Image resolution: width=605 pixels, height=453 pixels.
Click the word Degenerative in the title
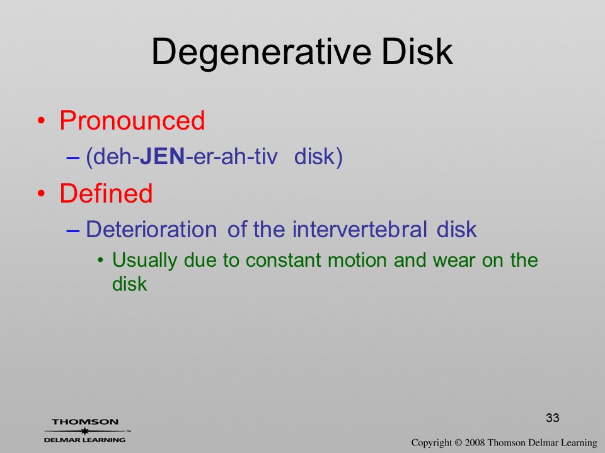(x=261, y=53)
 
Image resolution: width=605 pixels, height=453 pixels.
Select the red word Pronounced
(x=132, y=120)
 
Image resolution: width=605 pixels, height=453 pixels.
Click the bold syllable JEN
(x=162, y=157)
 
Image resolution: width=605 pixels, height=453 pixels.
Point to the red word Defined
(x=106, y=193)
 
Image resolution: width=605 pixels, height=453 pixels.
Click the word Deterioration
(x=151, y=230)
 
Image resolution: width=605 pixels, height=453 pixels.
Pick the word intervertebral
(x=360, y=230)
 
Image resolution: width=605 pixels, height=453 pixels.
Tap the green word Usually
(x=145, y=260)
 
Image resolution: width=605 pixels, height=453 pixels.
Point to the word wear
(x=454, y=260)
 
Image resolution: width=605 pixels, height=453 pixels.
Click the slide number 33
(x=553, y=418)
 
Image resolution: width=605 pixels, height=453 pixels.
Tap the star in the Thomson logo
(x=85, y=431)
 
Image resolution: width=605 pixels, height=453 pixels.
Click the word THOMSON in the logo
(x=85, y=422)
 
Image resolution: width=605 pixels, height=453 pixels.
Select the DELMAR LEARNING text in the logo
(x=85, y=440)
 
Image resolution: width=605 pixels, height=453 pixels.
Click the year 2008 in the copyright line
(x=475, y=443)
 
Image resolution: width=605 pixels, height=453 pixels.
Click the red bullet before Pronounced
(x=42, y=121)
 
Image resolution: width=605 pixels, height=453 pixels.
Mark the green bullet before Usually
(x=101, y=260)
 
